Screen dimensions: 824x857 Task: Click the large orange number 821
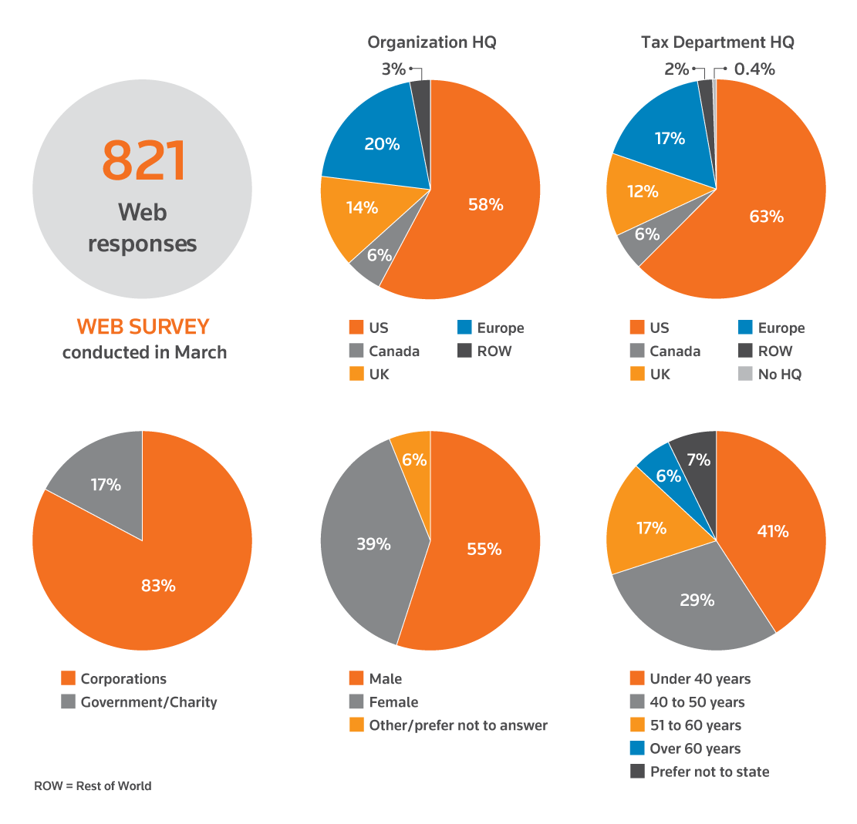click(144, 161)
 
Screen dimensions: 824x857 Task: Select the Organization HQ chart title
click(431, 42)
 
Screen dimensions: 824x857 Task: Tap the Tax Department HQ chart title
click(717, 42)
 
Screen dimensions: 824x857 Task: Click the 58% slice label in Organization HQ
click(486, 204)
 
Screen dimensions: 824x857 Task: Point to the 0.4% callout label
click(754, 69)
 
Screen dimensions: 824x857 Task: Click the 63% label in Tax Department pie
click(766, 217)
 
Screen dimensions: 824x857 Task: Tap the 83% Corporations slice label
click(158, 586)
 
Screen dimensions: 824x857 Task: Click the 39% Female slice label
click(373, 543)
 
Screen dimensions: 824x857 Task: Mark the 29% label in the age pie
click(697, 600)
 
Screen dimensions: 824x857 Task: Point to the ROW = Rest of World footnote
click(93, 786)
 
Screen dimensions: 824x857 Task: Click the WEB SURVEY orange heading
click(143, 327)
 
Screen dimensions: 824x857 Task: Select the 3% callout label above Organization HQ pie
click(393, 69)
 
